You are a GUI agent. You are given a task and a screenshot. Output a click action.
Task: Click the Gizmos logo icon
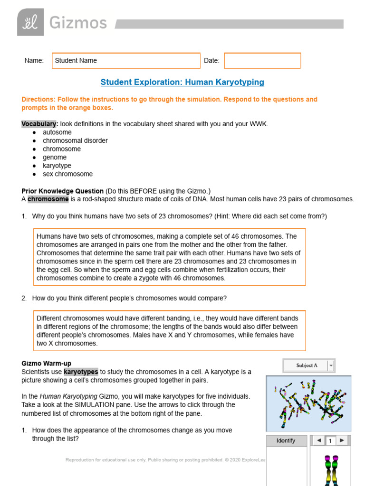(x=30, y=22)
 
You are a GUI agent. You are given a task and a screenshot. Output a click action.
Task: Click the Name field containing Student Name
(x=126, y=61)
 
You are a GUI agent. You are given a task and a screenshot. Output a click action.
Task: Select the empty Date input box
(x=262, y=61)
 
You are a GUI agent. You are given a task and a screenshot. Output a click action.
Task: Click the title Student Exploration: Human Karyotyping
(x=182, y=82)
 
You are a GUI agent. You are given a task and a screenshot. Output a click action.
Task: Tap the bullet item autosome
(x=57, y=132)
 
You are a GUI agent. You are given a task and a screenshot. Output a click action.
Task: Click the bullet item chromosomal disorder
(x=75, y=140)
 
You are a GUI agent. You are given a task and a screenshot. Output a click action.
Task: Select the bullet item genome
(x=55, y=157)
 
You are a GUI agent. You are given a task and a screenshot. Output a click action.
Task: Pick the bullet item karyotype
(x=57, y=166)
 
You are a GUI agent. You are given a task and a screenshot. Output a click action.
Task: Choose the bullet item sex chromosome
(x=67, y=174)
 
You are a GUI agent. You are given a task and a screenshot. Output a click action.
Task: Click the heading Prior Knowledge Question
(x=62, y=191)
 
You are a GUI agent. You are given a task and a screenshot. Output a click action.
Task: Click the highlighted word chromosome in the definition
(x=48, y=199)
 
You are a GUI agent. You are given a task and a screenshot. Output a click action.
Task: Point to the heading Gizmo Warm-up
(x=47, y=364)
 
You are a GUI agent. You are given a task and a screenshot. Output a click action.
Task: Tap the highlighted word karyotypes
(x=81, y=372)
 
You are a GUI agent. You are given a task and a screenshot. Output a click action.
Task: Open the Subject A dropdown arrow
(x=331, y=365)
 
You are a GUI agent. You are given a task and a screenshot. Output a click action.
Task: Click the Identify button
(x=286, y=441)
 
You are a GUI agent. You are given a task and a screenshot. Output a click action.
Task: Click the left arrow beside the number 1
(x=318, y=441)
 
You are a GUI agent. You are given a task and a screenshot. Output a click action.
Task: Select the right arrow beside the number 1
(x=341, y=441)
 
